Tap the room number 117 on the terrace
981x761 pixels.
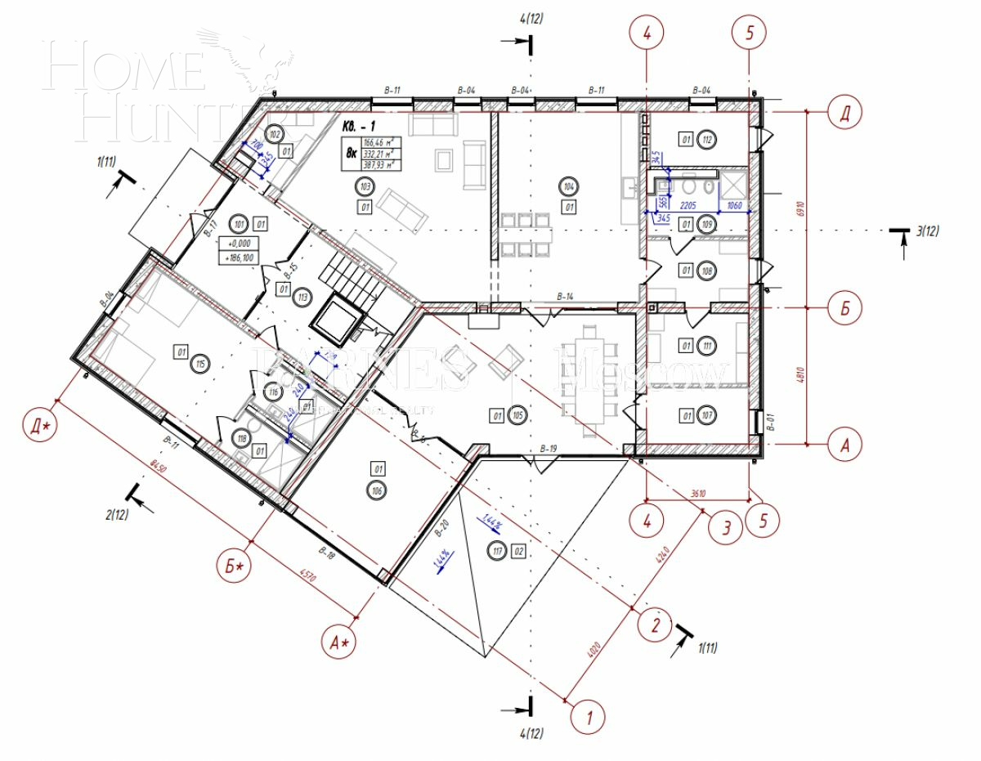coord(495,550)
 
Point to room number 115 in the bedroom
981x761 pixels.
coord(198,364)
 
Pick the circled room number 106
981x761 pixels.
coord(377,490)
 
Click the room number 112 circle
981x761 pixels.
coord(706,140)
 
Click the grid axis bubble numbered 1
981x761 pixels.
coord(587,717)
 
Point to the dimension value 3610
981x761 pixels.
coord(697,493)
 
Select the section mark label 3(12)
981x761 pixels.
coord(928,231)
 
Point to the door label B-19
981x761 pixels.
coord(548,449)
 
